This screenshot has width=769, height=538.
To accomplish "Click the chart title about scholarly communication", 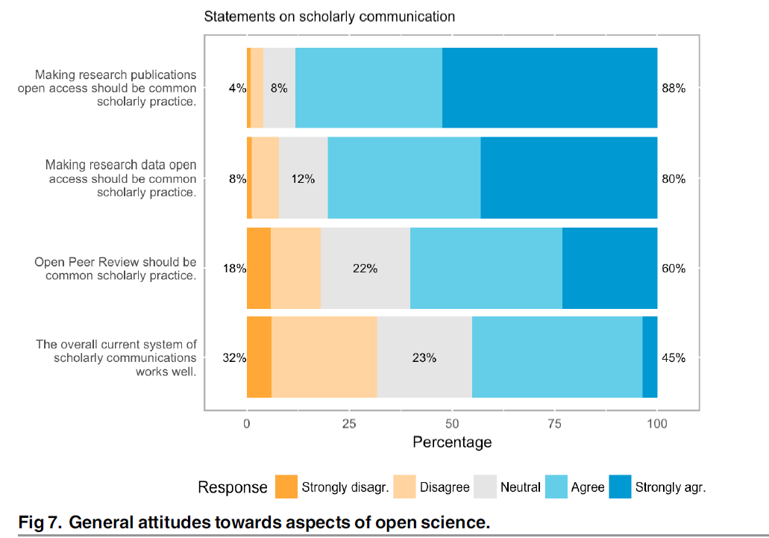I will [330, 16].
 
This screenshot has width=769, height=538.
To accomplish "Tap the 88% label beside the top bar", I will [674, 88].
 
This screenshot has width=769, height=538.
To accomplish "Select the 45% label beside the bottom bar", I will [674, 357].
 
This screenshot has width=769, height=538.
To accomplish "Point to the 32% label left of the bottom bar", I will [234, 357].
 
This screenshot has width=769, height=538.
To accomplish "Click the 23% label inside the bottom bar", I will [424, 357].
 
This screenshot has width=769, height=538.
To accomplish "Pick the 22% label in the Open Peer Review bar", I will [365, 269].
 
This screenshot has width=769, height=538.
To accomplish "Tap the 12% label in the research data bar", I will [303, 179].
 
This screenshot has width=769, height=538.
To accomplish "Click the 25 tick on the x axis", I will [349, 424].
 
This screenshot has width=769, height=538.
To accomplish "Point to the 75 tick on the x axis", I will [554, 424].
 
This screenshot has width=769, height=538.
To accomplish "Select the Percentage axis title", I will [452, 442].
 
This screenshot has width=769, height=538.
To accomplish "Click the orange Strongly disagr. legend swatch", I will [286, 487].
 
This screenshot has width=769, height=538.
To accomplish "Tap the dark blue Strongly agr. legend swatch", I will [621, 487].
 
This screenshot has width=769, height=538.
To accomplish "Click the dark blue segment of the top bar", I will [550, 88].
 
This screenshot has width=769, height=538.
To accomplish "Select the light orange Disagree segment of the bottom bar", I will [324, 357].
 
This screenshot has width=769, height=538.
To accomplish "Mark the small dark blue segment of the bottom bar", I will [650, 357].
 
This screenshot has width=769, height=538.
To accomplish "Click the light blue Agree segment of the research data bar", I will [404, 178].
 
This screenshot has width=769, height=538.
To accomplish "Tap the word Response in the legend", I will [233, 488].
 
